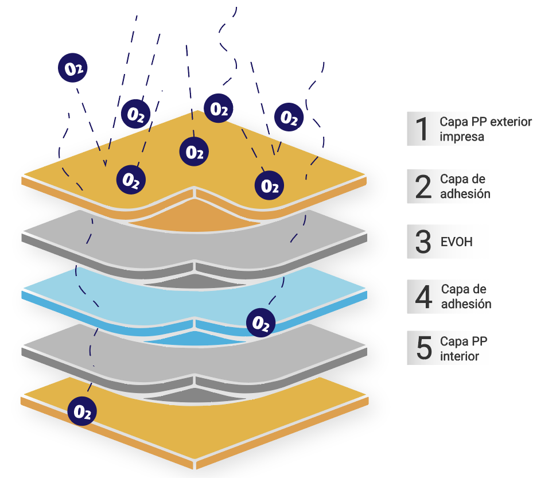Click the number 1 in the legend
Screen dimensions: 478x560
point(422,129)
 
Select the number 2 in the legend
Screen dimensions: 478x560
point(423,186)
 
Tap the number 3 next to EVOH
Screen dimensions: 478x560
point(423,242)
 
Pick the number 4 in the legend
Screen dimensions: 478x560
point(423,297)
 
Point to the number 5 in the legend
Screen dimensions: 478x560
point(423,348)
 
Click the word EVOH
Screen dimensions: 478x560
point(456,242)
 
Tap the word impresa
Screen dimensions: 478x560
point(462,137)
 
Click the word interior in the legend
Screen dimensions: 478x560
point(460,356)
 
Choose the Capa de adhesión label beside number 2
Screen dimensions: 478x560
point(465,186)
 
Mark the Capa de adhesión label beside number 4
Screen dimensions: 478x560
point(465,297)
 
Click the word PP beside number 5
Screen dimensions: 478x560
point(480,341)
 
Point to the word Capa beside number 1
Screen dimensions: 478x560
point(453,122)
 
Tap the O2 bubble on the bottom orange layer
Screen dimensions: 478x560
point(82,411)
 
